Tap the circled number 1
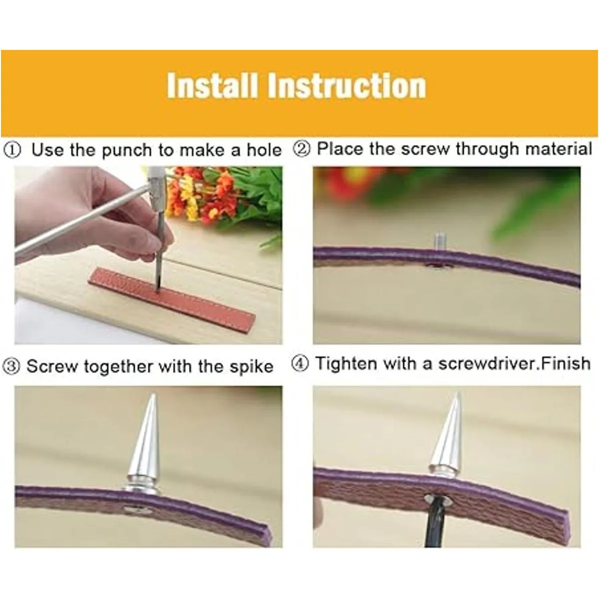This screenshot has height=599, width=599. point(12,150)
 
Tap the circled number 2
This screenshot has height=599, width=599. point(302,149)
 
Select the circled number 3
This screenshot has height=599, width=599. point(11,367)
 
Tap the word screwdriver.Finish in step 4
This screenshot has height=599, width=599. point(515,364)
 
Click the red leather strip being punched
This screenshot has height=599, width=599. point(173,297)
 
